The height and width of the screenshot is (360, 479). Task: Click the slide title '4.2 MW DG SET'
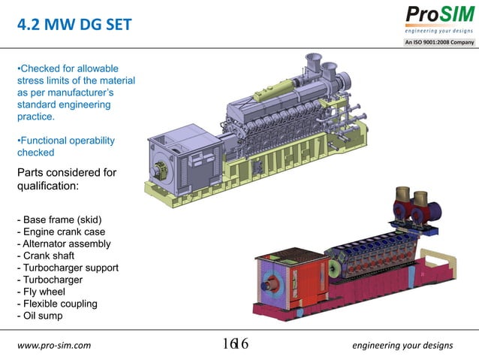pyautogui.click(x=74, y=25)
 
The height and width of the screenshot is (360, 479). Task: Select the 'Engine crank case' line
pyautogui.click(x=62, y=231)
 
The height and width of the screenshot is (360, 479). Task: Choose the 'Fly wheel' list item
pyautogui.click(x=43, y=292)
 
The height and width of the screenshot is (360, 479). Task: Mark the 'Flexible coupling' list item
pyautogui.click(x=57, y=304)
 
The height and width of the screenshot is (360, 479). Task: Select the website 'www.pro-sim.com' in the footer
pyautogui.click(x=53, y=346)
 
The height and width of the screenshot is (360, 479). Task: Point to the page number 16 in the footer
pyautogui.click(x=235, y=345)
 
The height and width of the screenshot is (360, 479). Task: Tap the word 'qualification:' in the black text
pyautogui.click(x=47, y=186)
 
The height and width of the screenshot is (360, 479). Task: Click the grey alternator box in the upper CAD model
pyautogui.click(x=185, y=154)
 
